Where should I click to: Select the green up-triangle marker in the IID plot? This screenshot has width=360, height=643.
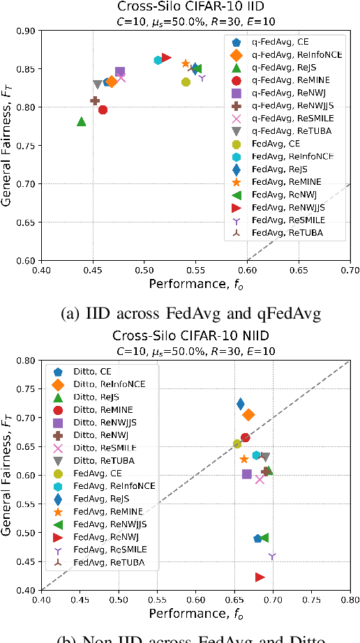coord(82,121)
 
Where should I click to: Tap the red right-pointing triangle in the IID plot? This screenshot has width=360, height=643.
coord(167,57)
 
